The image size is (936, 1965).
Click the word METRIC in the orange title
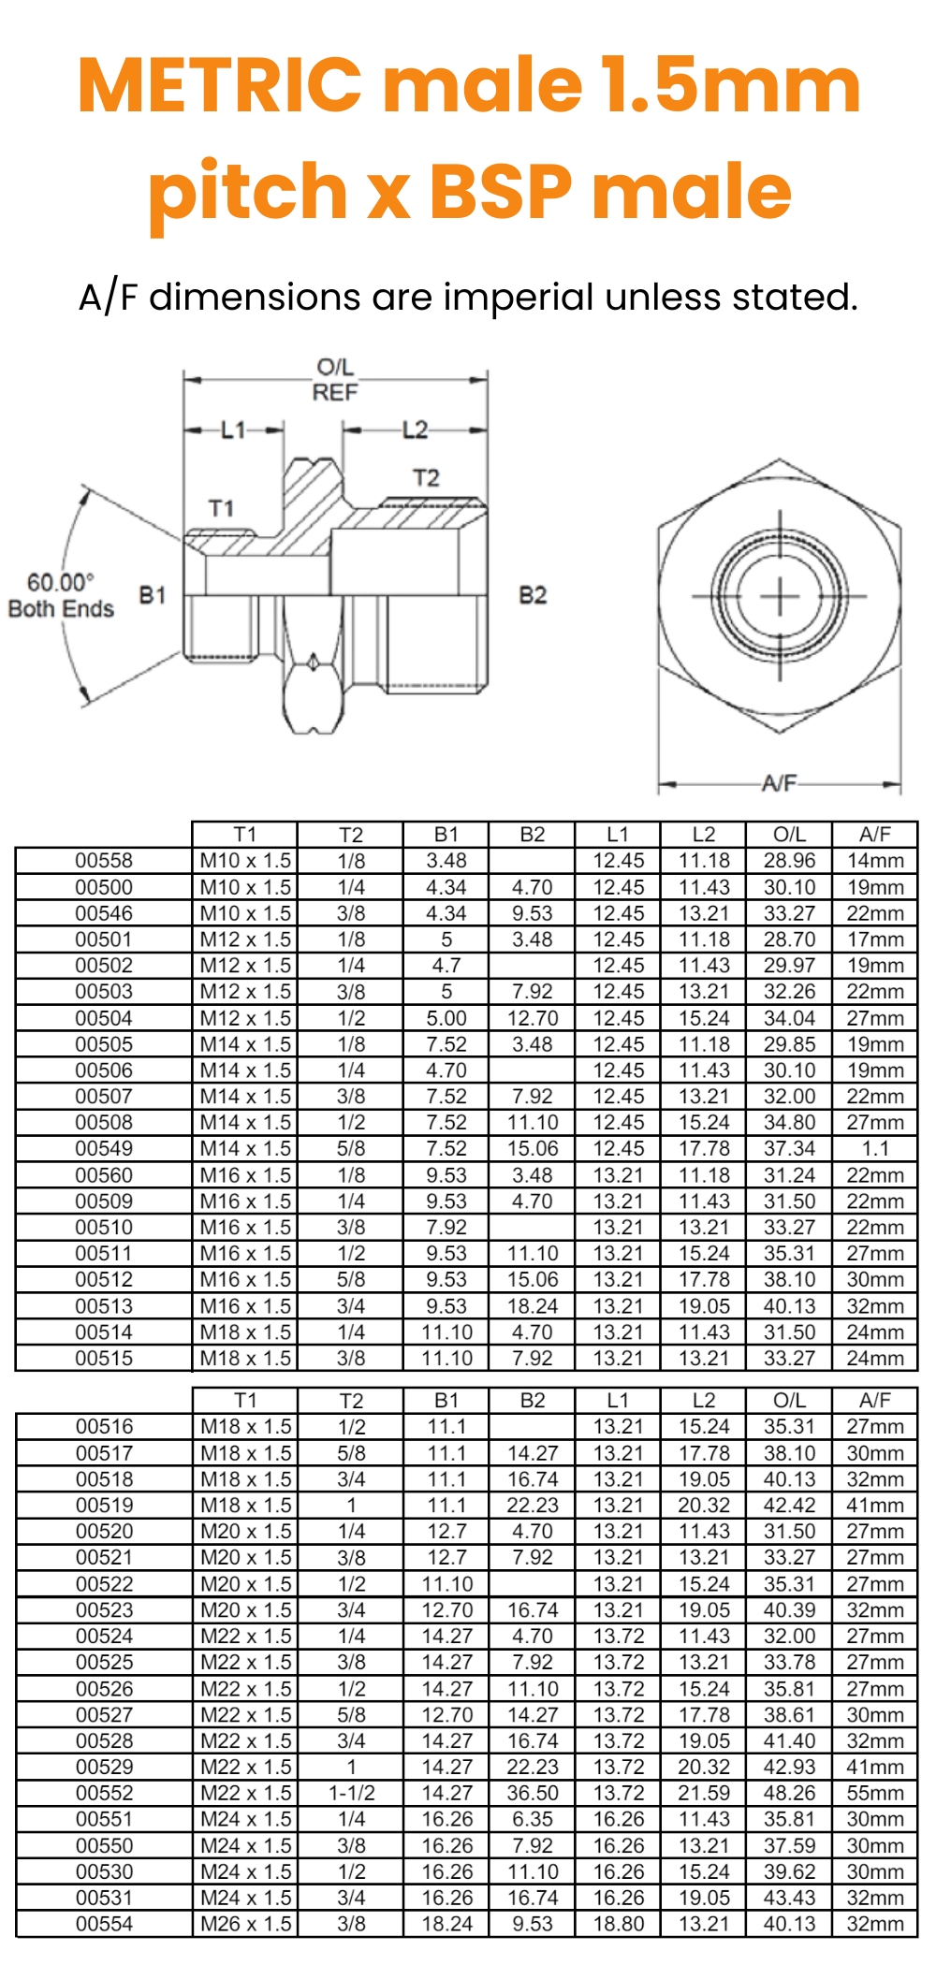(220, 86)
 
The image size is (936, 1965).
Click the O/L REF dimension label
(335, 380)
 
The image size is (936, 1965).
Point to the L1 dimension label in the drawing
(233, 429)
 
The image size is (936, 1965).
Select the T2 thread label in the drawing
(426, 478)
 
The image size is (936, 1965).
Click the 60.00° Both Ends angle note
(61, 595)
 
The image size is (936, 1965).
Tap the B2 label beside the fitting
(533, 595)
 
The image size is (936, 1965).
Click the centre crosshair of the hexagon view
(779, 596)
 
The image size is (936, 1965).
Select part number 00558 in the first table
(104, 861)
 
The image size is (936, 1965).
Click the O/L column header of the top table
(789, 835)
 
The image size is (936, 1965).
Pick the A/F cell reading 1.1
(874, 1148)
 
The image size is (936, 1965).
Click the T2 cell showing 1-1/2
(351, 1793)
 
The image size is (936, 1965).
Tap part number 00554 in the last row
(104, 1924)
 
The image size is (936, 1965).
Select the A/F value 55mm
(874, 1793)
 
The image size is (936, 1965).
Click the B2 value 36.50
(532, 1793)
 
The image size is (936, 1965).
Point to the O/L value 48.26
(789, 1793)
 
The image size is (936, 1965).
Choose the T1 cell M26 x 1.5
(245, 1924)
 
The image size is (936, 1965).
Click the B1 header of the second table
(446, 1401)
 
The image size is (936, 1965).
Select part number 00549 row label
(104, 1148)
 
